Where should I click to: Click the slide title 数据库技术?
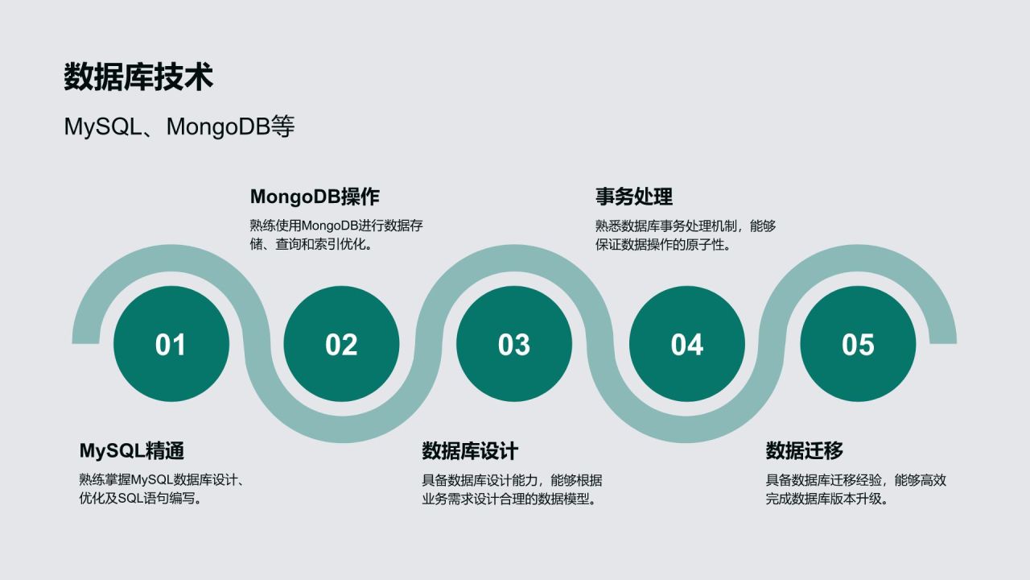(138, 77)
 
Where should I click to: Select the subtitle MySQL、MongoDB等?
(179, 126)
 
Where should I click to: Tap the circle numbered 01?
(171, 344)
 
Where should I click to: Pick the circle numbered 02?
(341, 344)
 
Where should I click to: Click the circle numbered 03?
(514, 344)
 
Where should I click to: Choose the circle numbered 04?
(686, 344)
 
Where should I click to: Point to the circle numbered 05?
(858, 344)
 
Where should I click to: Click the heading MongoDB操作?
(315, 197)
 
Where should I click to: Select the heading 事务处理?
(634, 197)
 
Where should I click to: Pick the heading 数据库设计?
(470, 450)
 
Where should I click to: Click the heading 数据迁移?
(805, 450)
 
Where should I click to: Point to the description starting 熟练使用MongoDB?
(336, 234)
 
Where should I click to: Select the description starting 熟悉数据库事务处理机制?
(686, 234)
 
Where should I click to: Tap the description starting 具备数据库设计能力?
(512, 489)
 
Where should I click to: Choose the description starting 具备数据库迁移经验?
(856, 489)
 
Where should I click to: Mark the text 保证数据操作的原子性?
(664, 244)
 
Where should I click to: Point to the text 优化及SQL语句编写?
(141, 499)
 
